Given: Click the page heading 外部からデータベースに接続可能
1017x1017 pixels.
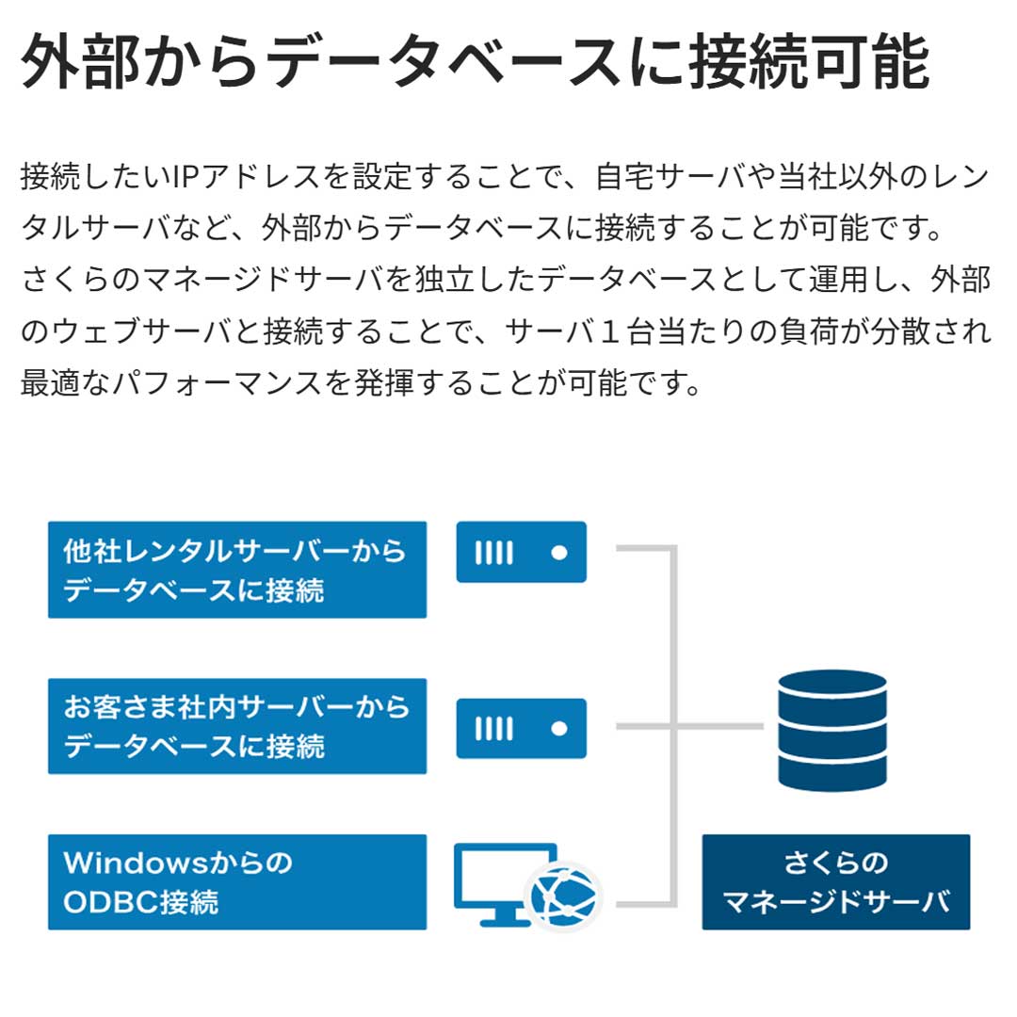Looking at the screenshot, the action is (x=476, y=62).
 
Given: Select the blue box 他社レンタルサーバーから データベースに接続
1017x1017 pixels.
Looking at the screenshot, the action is (x=237, y=570).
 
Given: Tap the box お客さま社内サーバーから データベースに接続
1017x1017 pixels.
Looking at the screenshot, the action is (x=237, y=726).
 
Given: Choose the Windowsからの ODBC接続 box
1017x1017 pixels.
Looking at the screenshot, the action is (x=237, y=882).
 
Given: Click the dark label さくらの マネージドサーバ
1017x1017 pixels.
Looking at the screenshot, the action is (x=836, y=882).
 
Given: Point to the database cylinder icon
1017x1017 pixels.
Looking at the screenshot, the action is (x=832, y=731).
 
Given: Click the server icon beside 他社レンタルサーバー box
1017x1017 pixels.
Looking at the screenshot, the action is (x=522, y=552).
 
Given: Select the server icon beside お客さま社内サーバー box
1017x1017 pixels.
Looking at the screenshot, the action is (x=522, y=728).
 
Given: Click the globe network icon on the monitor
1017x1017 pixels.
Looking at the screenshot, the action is (x=564, y=897).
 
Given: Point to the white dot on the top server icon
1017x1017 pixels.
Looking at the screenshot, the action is (x=559, y=553).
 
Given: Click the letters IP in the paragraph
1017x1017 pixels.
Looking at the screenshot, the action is (x=186, y=176).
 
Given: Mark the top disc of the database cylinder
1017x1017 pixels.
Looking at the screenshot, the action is (x=832, y=685).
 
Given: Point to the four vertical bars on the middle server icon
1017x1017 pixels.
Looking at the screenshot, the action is (x=494, y=729).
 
